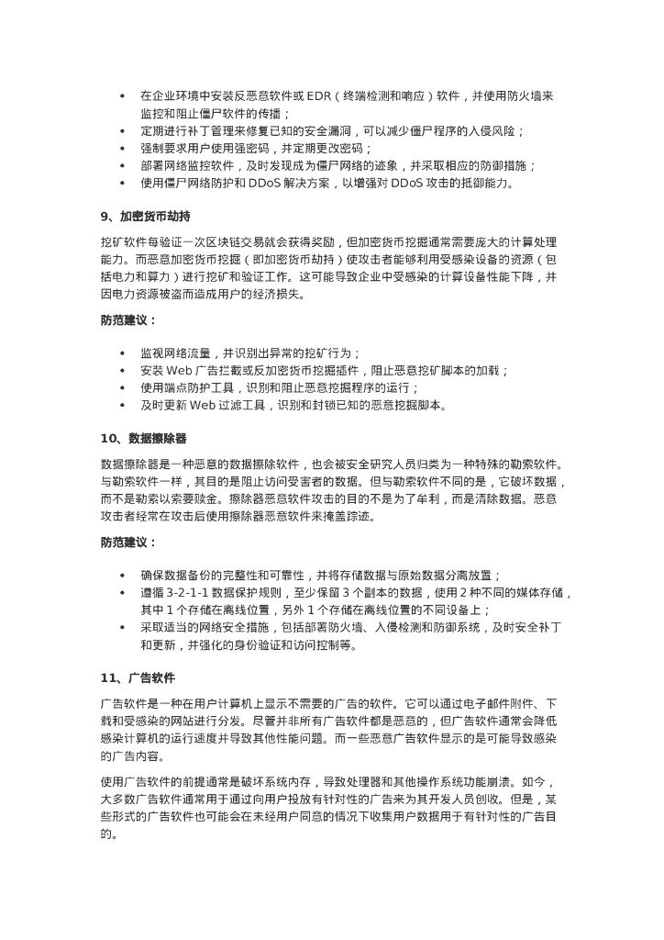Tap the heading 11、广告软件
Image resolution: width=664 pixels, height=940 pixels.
[138, 677]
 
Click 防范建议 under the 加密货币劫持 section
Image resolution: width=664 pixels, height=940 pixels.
[128, 321]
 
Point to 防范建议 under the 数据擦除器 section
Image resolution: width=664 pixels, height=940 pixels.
[128, 542]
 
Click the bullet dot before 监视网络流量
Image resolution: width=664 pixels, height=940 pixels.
[122, 353]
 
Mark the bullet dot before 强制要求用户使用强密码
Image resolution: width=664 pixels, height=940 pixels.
[122, 149]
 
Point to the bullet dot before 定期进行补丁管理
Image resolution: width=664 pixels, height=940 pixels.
[122, 131]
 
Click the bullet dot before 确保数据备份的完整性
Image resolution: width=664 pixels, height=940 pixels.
[122, 576]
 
